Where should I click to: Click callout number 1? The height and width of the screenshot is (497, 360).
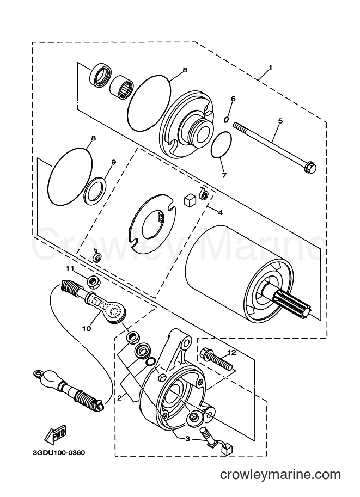[x=270, y=68]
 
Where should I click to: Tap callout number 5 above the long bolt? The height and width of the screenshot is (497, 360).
[x=280, y=121]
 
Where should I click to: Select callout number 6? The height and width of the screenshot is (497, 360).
[x=233, y=99]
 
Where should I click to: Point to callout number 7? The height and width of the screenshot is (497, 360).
[x=224, y=175]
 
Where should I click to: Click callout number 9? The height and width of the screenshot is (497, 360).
[x=113, y=162]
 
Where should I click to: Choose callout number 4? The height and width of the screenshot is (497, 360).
[x=220, y=213]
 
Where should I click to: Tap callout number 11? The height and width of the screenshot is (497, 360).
[x=70, y=268]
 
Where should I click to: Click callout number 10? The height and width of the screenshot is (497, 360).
[x=86, y=328]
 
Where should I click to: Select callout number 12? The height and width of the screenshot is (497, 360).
[x=231, y=352]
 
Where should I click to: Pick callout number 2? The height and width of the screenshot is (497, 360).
[x=119, y=398]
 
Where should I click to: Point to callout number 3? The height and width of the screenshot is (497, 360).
[x=187, y=439]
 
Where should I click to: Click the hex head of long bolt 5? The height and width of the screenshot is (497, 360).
[x=309, y=167]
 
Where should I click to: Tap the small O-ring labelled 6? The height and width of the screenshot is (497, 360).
[x=226, y=119]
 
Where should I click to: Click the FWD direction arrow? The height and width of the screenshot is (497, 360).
[x=55, y=434]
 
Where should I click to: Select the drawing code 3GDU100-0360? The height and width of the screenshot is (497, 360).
[x=59, y=452]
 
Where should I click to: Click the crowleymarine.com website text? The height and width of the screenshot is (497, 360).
[x=280, y=474]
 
